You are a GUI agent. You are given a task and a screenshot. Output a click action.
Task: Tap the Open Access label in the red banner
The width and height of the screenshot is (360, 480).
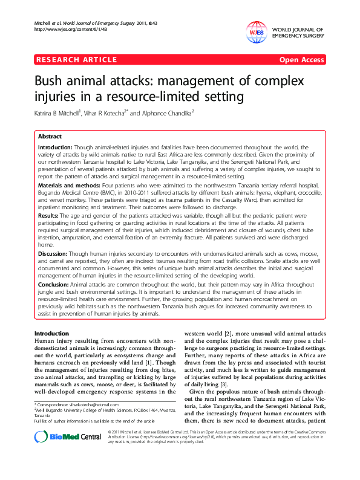pos(301,60)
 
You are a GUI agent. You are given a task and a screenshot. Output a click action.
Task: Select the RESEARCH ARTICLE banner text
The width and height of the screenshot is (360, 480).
pos(77,60)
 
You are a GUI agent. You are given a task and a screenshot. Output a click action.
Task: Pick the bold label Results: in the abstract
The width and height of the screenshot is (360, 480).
pos(49,214)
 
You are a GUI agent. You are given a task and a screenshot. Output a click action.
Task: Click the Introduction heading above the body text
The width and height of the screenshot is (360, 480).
pos(51,334)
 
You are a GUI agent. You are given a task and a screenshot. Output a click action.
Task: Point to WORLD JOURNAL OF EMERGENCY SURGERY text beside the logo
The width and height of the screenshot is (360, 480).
pos(299,33)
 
